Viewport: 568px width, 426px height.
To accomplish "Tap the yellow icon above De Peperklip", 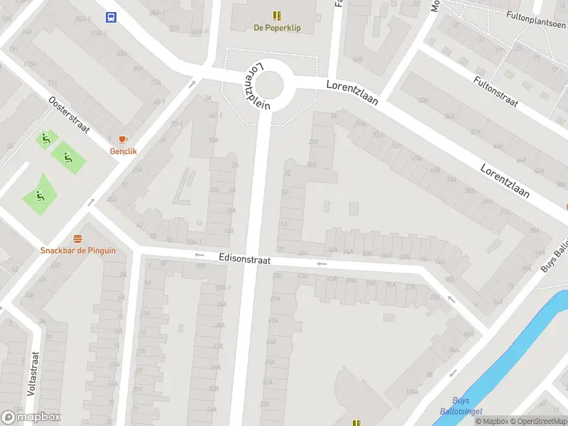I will (277, 15).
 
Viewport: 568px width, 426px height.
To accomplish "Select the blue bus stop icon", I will (111, 17).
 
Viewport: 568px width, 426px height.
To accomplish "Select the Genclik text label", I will (123, 151).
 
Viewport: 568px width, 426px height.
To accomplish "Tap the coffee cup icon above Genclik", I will (123, 138).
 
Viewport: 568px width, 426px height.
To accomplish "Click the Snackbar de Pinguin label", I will (77, 250).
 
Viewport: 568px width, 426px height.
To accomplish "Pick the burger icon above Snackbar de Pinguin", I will (77, 237).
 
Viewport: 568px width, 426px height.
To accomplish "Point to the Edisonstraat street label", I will (245, 260).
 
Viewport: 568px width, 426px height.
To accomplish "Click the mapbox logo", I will (31, 417).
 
